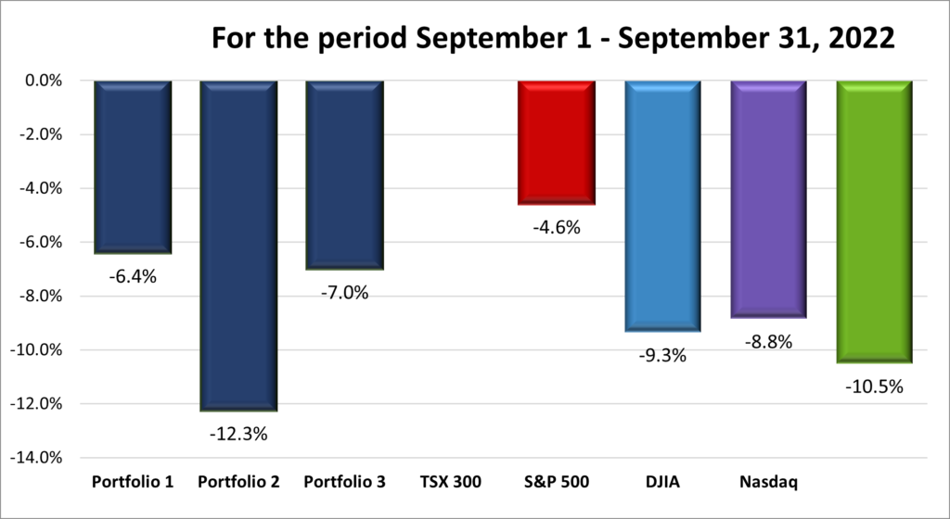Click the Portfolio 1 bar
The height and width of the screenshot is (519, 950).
coord(133,167)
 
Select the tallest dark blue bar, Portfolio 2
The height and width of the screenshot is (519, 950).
coord(238,246)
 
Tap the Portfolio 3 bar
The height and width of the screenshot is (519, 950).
coord(344,175)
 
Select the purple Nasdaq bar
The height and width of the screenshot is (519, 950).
coord(768,199)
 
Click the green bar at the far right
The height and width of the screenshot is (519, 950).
coord(874,222)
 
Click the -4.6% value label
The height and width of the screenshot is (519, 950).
coord(556,226)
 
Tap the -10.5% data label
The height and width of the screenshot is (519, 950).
coord(874,386)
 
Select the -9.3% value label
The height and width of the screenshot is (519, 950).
coord(661,354)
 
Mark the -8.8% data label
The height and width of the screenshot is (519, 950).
coord(768,341)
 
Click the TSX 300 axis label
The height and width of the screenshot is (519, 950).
coord(450,482)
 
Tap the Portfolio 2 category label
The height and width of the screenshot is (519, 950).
coord(238,482)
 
